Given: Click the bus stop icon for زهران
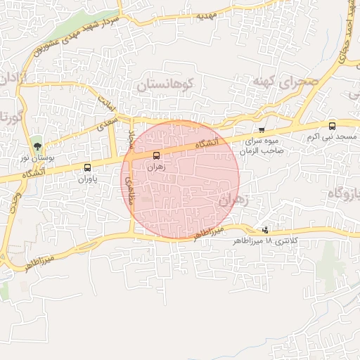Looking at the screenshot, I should pyautogui.click(x=156, y=155).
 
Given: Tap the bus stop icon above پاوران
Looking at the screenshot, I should pyautogui.click(x=87, y=167).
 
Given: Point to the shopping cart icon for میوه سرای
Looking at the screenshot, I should pyautogui.click(x=262, y=130).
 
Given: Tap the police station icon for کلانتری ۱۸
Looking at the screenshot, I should pyautogui.click(x=265, y=229).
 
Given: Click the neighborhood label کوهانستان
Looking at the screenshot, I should pyautogui.click(x=169, y=84).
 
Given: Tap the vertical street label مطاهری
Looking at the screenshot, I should pyautogui.click(x=129, y=191).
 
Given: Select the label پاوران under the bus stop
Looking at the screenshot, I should pyautogui.click(x=87, y=179).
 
